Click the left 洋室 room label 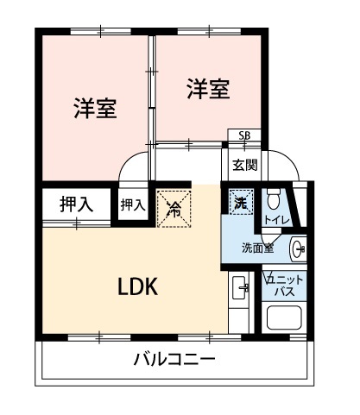point(95,109)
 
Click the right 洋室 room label point(208,89)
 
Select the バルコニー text point(174,359)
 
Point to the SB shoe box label point(243,136)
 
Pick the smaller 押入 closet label point(131,205)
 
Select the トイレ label point(275,221)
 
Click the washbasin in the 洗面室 point(298,248)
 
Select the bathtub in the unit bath point(286,323)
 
